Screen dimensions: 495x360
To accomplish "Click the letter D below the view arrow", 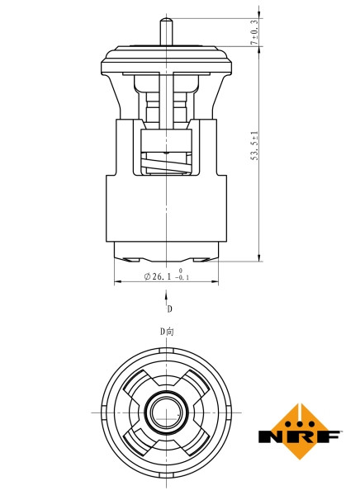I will click(169, 309).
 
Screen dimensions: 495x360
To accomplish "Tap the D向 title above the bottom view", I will click(167, 331).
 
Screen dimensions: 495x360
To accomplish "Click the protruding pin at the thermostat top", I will click(168, 29).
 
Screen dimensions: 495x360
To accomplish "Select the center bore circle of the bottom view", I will click(167, 410).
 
